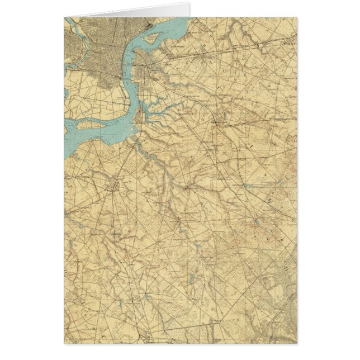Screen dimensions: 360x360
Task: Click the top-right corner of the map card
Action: click(x=297, y=17)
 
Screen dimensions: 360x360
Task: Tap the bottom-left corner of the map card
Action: click(x=64, y=343)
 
